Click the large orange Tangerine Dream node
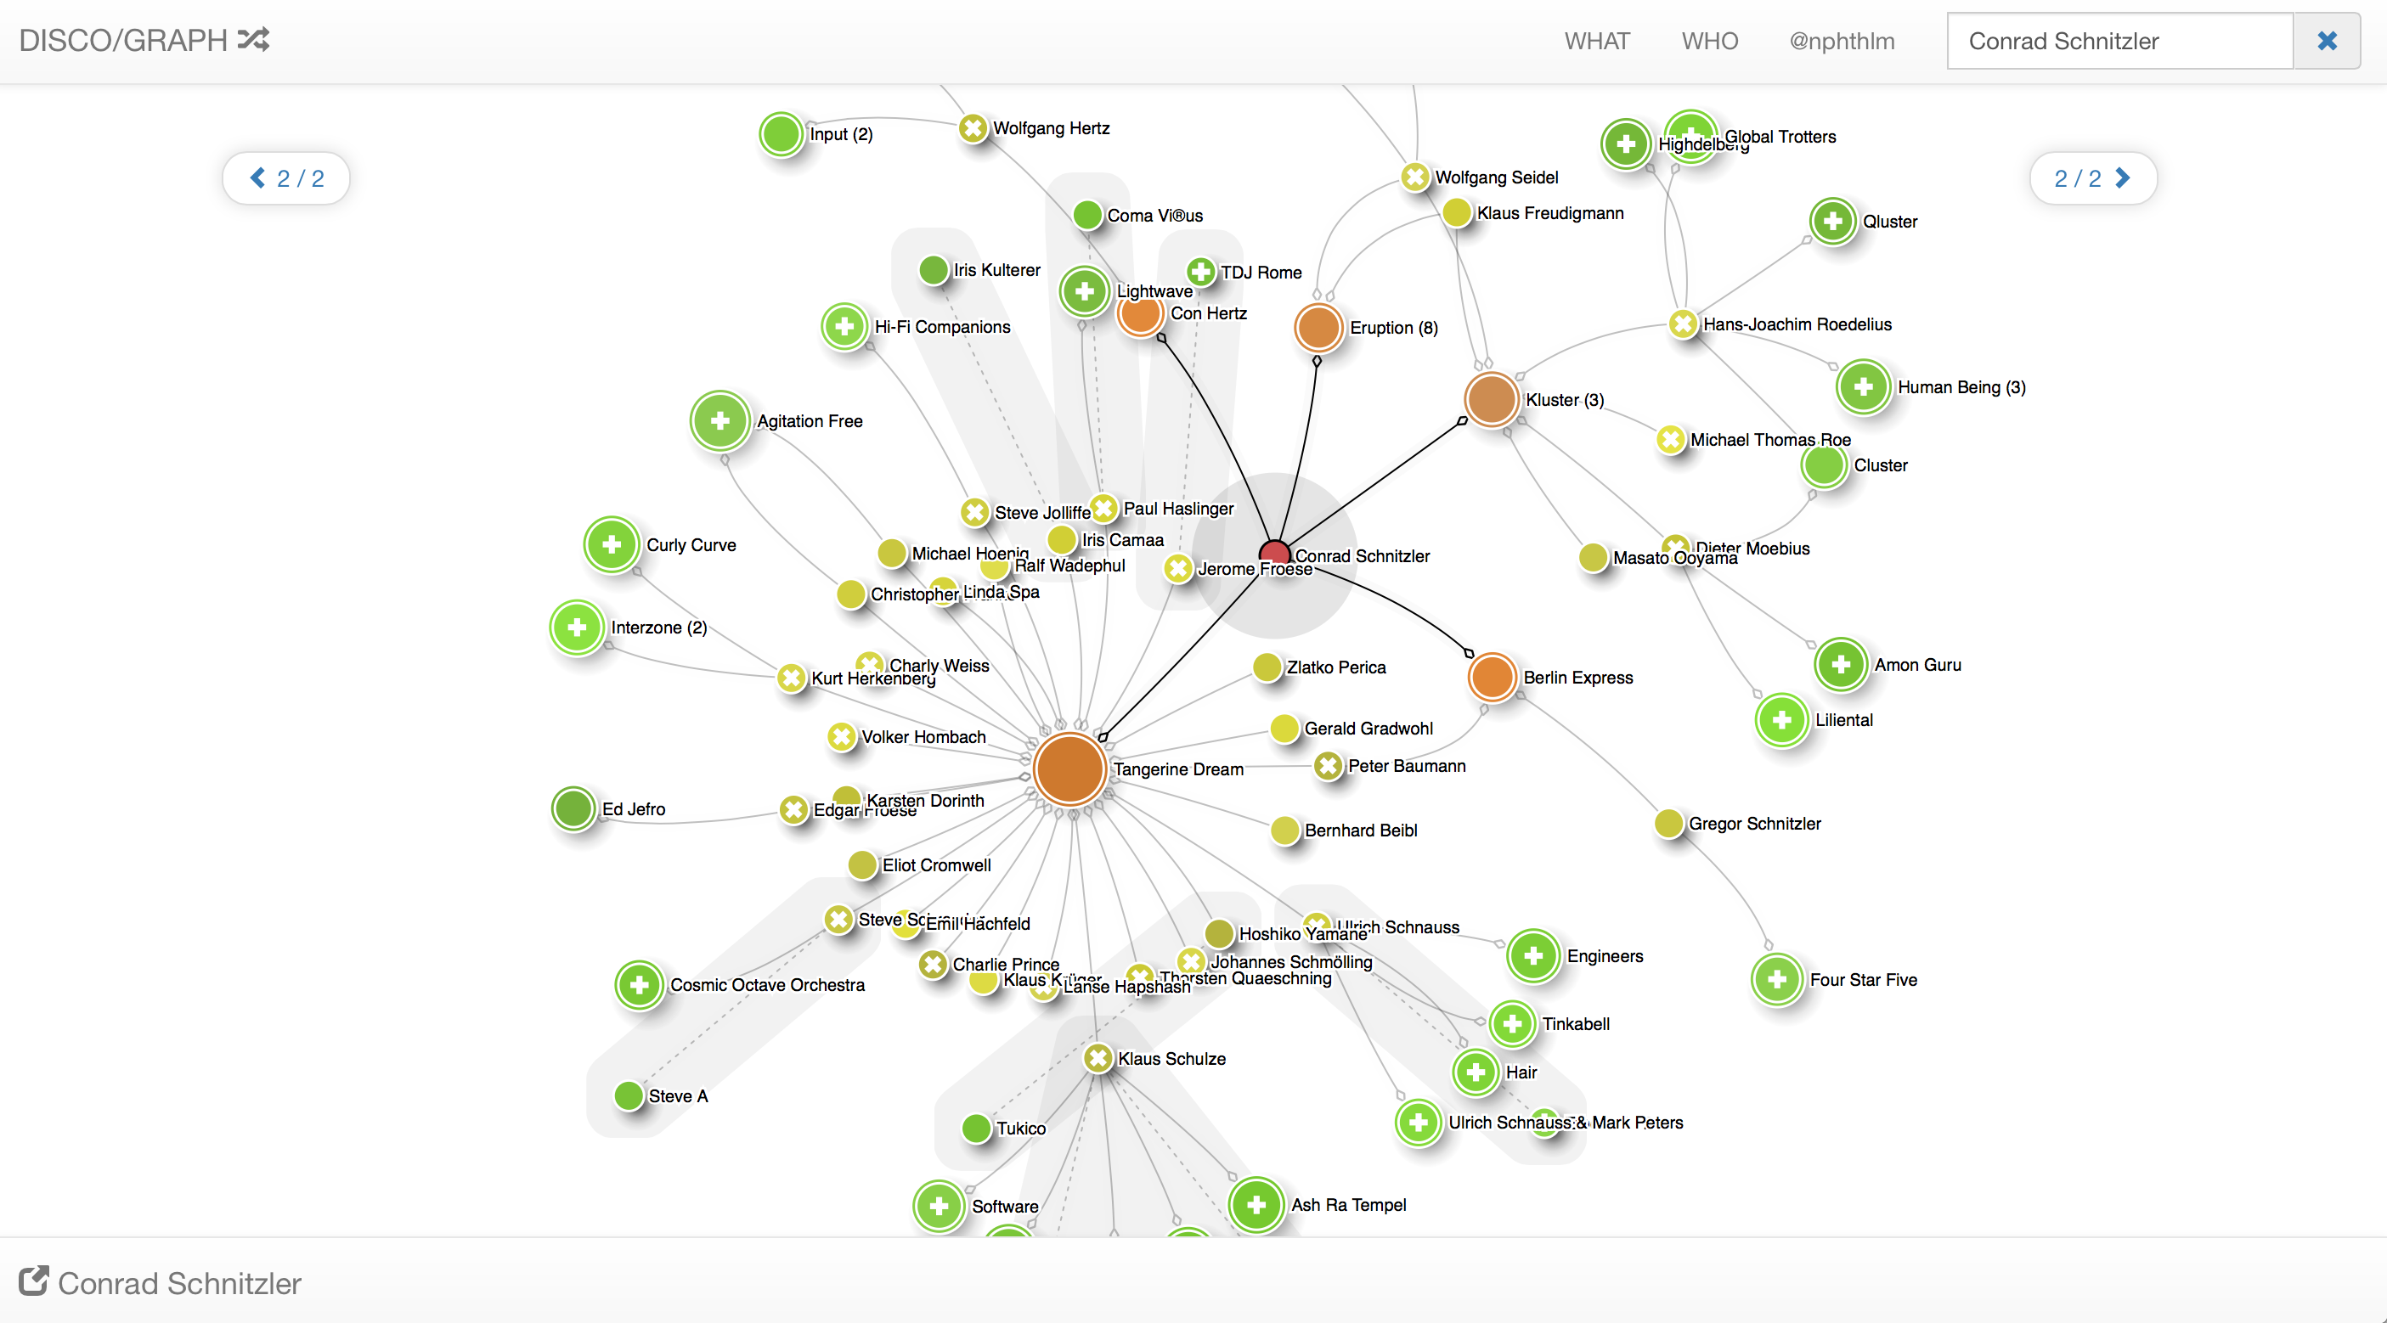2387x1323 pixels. coord(1069,768)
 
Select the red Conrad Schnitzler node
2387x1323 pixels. coord(1275,554)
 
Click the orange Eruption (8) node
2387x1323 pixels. coord(1318,327)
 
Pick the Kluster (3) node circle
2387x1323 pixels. coord(1491,399)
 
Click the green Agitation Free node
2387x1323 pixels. coord(720,420)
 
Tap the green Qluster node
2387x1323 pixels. coord(1833,222)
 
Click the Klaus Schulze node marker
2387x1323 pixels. coord(1098,1058)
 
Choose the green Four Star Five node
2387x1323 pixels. coord(1777,979)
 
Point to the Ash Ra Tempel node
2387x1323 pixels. coord(1256,1204)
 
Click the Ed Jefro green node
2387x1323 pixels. coord(573,808)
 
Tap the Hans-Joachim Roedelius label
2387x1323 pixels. coord(1797,324)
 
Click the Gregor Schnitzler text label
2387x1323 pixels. coord(1754,824)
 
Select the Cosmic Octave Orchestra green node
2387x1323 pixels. coord(640,984)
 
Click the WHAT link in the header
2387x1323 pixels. coord(1597,41)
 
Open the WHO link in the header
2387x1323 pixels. coord(1710,41)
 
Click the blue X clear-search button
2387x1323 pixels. coord(2326,41)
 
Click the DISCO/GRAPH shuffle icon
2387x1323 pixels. coord(253,39)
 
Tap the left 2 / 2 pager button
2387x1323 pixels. coord(286,177)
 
